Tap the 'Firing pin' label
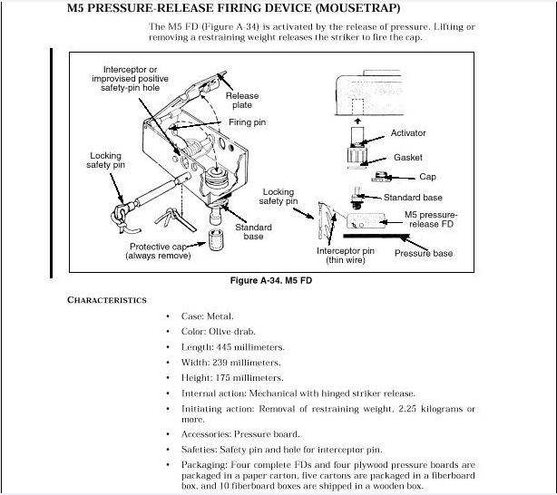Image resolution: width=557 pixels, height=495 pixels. [x=246, y=122]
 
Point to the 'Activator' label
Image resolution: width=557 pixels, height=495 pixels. [x=407, y=133]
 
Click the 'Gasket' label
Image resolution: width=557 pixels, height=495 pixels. [x=408, y=157]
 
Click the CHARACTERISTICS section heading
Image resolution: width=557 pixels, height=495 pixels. [x=106, y=299]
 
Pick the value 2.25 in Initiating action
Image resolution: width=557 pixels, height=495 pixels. [x=418, y=410]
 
